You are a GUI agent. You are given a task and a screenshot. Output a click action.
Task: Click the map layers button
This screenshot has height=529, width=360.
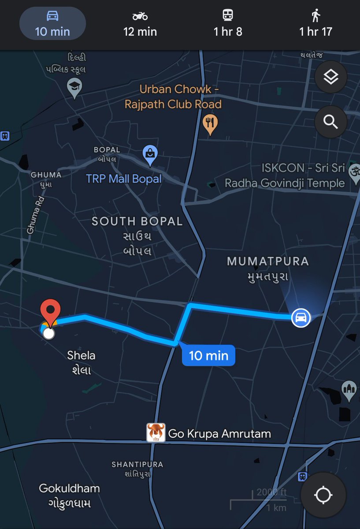coord(331,77)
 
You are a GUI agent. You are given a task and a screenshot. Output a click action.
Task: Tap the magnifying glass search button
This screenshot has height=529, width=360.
coord(331,121)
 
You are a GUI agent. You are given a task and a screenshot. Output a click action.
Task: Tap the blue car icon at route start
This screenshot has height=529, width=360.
coord(301,317)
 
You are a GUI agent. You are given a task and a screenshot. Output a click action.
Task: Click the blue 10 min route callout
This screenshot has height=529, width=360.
coord(208,355)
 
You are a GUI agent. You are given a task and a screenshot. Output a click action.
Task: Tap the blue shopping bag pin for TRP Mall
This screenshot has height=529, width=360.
coord(150,155)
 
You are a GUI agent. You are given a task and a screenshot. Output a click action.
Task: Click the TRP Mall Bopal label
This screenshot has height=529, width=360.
coord(124,179)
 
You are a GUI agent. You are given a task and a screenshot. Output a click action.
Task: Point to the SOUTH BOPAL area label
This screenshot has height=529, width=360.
coord(137,221)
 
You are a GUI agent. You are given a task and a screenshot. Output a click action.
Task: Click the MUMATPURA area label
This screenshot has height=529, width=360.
coord(267,261)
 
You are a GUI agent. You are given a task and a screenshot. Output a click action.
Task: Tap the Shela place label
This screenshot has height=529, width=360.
coord(81,355)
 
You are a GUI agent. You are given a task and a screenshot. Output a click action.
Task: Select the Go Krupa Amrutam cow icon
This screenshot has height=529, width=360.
coord(156,433)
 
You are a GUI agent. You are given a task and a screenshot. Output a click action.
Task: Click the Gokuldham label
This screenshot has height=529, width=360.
coord(69,488)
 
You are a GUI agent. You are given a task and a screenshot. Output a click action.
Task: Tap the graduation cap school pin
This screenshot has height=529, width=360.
coord(74,87)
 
